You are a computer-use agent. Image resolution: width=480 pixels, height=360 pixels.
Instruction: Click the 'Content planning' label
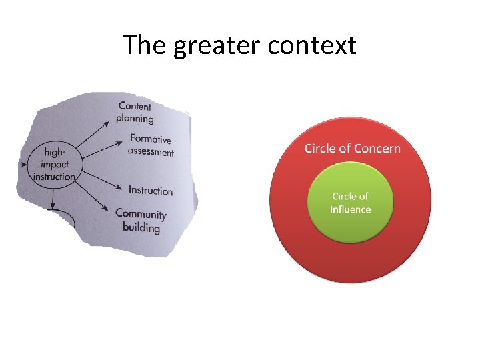135,112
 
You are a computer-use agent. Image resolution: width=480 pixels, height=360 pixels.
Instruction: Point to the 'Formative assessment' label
151,145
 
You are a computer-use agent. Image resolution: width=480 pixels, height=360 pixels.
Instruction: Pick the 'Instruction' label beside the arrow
151,190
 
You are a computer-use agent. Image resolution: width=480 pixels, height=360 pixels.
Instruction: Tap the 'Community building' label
141,221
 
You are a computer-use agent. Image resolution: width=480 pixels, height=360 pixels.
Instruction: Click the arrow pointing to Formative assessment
101,155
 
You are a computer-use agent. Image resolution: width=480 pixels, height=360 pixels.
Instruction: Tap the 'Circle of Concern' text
352,148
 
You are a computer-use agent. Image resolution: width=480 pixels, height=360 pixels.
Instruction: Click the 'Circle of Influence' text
350,203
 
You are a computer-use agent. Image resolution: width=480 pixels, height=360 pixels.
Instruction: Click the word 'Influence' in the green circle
350,209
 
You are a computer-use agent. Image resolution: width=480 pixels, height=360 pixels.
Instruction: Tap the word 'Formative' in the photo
151,139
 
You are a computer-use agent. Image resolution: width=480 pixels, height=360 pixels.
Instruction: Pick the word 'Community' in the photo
141,214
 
